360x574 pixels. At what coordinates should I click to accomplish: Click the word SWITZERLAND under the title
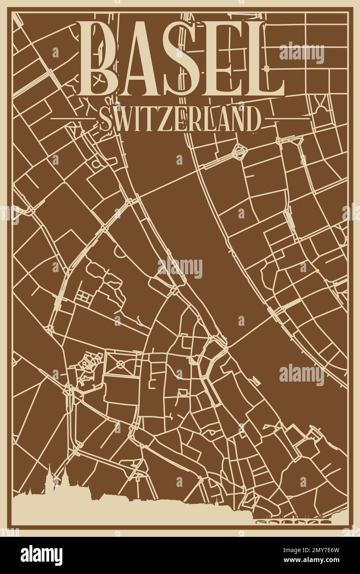180,120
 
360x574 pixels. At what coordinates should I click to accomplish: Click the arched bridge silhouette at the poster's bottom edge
293,522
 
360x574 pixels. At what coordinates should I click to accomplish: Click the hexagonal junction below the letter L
239,152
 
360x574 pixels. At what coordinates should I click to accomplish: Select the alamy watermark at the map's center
180,269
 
